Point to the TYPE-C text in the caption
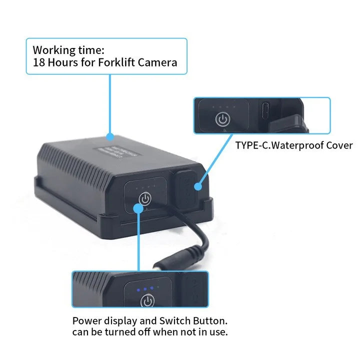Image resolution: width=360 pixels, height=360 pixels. tap(252, 146)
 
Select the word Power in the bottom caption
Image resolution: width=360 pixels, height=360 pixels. tap(85, 320)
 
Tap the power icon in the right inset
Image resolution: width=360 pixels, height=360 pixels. tap(222, 120)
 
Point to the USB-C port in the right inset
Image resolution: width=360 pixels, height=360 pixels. tap(265, 109)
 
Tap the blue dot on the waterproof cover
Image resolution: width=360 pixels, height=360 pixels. tap(198, 186)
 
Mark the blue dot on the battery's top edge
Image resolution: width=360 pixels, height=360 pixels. tap(110, 135)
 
